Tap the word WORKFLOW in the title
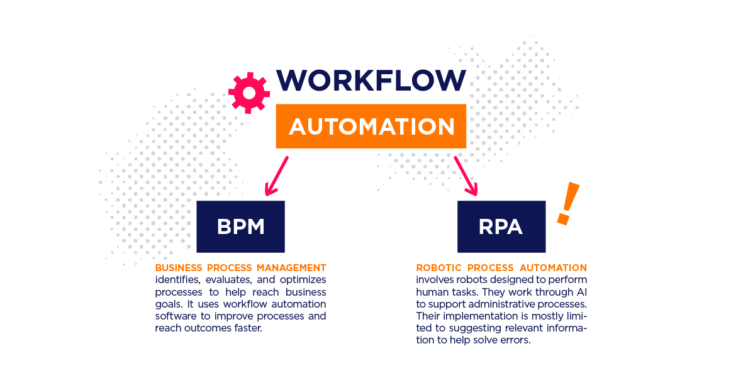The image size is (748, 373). click(371, 81)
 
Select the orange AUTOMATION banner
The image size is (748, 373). click(371, 126)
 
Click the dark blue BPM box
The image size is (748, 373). click(240, 227)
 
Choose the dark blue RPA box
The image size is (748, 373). click(501, 227)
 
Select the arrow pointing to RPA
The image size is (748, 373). click(466, 175)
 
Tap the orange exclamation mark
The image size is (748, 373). click(567, 203)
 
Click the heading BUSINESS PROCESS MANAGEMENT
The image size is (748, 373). click(240, 268)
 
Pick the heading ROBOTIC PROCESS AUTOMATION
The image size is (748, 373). click(501, 268)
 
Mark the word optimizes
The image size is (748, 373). click(303, 280)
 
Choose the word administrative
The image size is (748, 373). click(504, 304)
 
